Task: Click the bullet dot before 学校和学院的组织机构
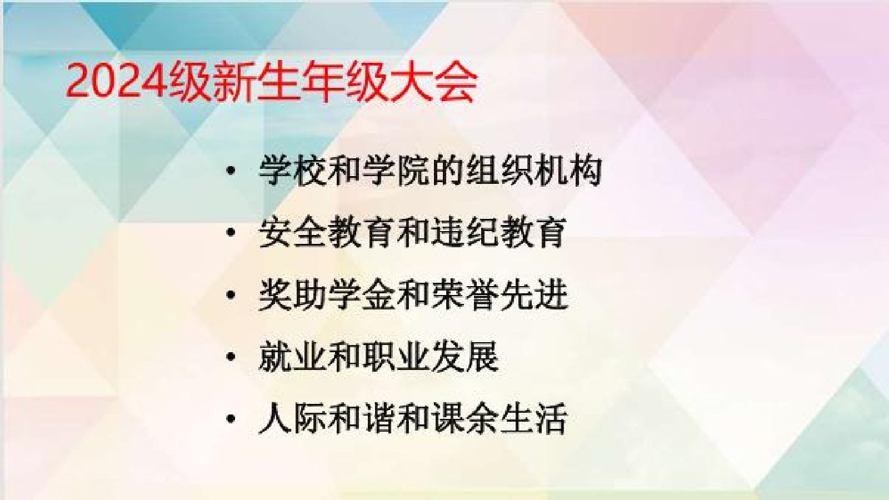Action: (x=230, y=171)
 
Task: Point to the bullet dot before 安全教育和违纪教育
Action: (x=230, y=233)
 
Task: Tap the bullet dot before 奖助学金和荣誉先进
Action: (x=230, y=295)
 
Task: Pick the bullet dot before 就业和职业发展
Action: (x=230, y=357)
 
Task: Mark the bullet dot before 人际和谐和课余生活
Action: (x=230, y=419)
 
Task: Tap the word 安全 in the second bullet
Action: (x=292, y=233)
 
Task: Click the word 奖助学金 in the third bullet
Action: (x=327, y=295)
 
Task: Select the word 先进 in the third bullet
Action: (x=533, y=295)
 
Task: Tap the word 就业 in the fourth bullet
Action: (x=292, y=357)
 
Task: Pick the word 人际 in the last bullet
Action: (x=292, y=419)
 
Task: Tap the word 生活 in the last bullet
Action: (x=533, y=419)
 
